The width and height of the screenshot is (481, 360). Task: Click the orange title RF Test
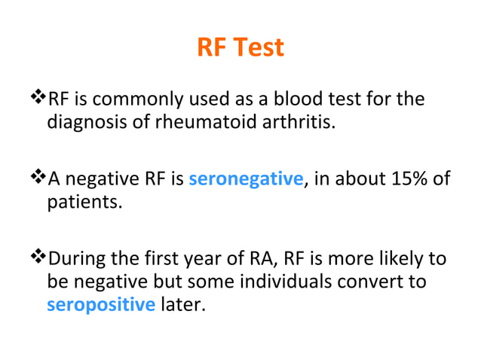click(x=240, y=48)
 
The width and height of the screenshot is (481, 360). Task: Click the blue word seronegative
click(x=246, y=180)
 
